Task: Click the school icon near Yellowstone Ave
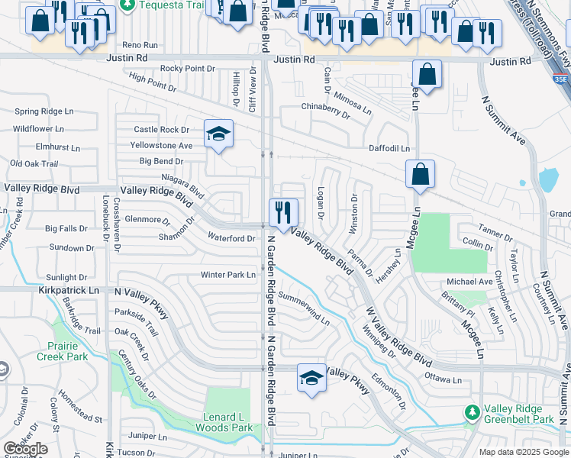[x=218, y=134]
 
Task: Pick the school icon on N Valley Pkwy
[x=311, y=379]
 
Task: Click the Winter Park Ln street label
[x=227, y=275]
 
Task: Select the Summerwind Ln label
[x=304, y=307]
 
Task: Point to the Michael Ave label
[x=469, y=282]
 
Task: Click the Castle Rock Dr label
[x=161, y=131]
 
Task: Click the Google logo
[x=26, y=450]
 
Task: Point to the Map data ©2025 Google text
[x=523, y=452]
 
